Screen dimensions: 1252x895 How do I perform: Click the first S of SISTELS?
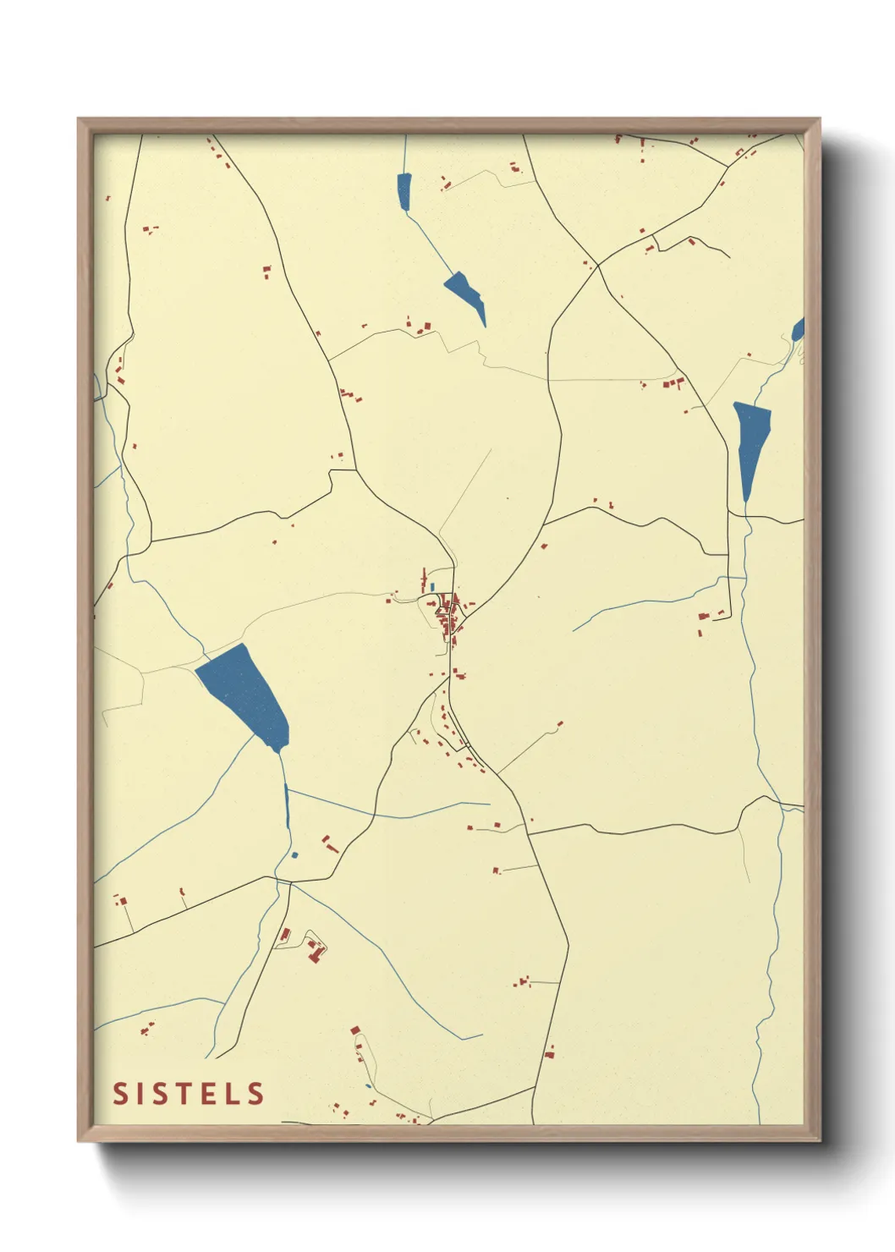[x=121, y=1093]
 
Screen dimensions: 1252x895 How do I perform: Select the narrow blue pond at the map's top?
[x=404, y=190]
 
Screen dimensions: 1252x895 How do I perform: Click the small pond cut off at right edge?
[x=798, y=329]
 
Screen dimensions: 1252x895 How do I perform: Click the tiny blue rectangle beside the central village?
[x=432, y=586]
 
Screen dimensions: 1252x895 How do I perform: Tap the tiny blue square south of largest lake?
[x=294, y=855]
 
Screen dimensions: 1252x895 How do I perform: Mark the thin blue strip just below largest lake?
[x=287, y=806]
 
